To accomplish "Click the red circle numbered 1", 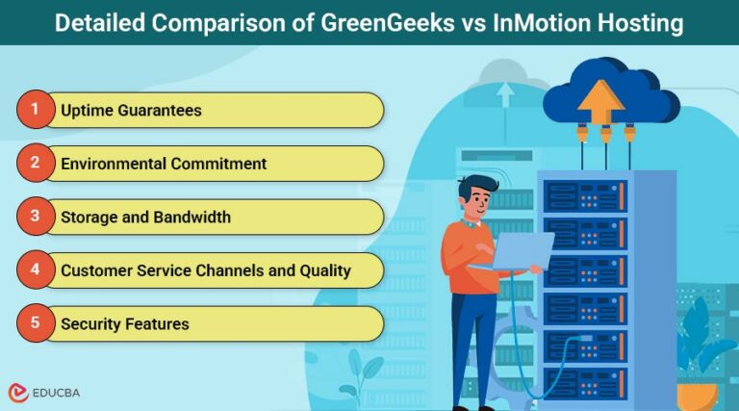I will [35, 110].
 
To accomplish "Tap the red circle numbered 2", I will [35, 163].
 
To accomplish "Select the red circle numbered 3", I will [35, 217].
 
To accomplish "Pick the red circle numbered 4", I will [35, 270].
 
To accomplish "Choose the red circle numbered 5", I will [35, 323].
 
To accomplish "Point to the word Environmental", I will [114, 164].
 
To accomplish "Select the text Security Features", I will [124, 324].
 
